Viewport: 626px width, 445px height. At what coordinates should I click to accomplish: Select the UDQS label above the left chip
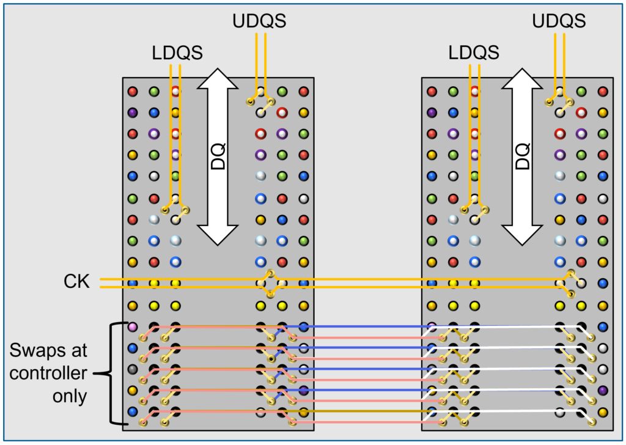coord(259,21)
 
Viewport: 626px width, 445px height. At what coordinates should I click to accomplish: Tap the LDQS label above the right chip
coord(474,53)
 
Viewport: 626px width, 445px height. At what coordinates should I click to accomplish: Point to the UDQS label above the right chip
coord(559,21)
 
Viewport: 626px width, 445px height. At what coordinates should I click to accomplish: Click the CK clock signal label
coord(76,282)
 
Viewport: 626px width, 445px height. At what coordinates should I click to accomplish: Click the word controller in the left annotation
coord(48,373)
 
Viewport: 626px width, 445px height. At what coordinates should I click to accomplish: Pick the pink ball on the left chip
coord(133,326)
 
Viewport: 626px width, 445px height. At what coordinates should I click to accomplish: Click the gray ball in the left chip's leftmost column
coord(133,369)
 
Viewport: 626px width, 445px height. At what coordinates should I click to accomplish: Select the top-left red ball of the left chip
coord(133,92)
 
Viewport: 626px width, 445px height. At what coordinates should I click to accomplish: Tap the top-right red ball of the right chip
coord(603,92)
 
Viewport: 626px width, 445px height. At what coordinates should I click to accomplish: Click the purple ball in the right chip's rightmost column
coord(603,390)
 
